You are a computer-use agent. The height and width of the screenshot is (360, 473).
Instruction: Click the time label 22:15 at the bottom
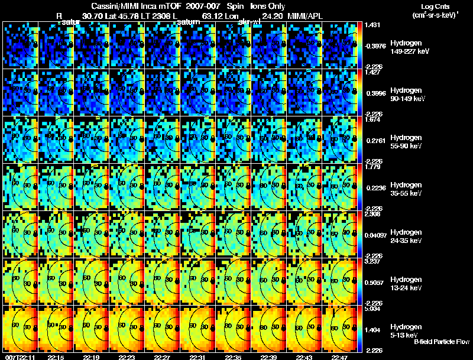point(56,357)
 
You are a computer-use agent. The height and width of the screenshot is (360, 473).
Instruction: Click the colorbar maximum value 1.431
point(372,25)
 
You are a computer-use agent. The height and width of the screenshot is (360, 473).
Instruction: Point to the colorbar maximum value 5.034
point(372,309)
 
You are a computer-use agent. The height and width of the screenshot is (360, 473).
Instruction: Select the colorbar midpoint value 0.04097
point(375,235)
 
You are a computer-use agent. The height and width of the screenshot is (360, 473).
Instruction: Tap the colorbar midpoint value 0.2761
point(374,141)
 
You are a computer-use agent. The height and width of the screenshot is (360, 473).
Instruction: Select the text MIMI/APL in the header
point(304,15)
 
